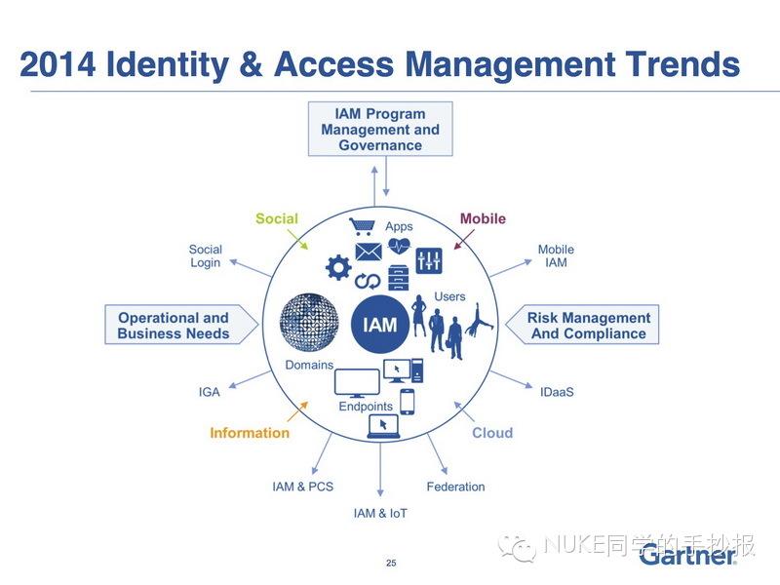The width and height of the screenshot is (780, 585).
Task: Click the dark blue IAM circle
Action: [x=380, y=325]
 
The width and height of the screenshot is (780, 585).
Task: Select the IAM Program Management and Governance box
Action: [x=380, y=129]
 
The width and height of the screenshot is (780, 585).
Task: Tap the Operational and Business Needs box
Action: [x=181, y=325]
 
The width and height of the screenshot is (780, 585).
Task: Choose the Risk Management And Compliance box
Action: [x=582, y=325]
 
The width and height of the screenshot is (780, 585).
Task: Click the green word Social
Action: [x=277, y=218]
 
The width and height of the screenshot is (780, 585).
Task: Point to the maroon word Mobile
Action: [x=483, y=218]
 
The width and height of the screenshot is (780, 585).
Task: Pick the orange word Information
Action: [x=250, y=433]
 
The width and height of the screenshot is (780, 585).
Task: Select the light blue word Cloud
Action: [x=492, y=433]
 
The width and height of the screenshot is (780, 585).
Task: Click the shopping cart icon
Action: [x=362, y=226]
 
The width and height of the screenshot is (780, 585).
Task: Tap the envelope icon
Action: [x=369, y=252]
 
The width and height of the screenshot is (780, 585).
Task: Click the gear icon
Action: [x=338, y=267]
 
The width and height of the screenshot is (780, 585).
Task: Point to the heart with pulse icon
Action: [x=399, y=246]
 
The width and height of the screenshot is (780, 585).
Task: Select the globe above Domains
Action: [x=309, y=323]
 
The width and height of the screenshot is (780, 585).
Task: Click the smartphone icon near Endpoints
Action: [x=408, y=402]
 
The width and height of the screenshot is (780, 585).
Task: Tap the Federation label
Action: [x=455, y=487]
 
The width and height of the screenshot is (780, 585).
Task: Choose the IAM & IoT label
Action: [x=380, y=513]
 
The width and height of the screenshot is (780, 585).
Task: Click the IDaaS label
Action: [x=557, y=392]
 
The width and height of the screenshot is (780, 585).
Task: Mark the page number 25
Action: [x=391, y=563]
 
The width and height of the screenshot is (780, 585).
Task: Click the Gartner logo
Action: [x=688, y=554]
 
